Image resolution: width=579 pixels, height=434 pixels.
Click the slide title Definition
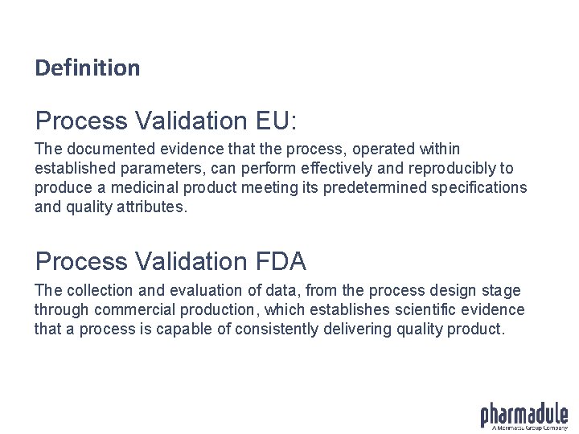[87, 68]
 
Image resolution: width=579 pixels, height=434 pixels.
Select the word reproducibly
[450, 169]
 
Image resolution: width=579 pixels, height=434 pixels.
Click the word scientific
[424, 309]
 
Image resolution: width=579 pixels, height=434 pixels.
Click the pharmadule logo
[524, 415]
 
